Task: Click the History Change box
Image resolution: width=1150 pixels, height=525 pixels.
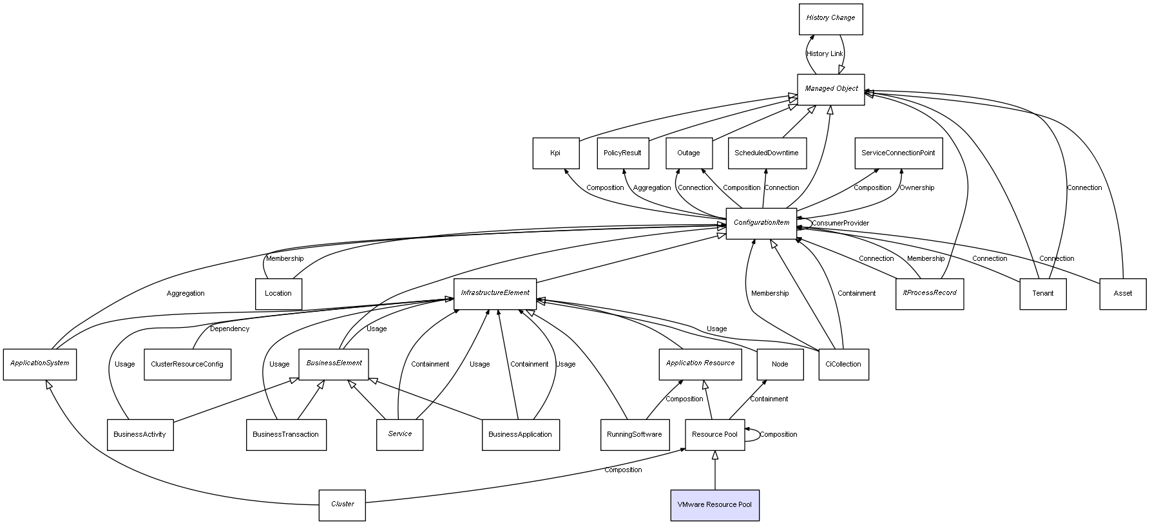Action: tap(830, 19)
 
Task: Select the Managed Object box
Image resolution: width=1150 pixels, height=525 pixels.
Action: tap(831, 89)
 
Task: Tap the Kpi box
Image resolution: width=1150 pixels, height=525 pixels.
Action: tap(555, 153)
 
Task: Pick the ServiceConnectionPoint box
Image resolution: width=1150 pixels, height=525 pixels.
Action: tap(898, 153)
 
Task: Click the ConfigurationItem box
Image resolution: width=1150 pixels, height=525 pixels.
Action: tap(761, 224)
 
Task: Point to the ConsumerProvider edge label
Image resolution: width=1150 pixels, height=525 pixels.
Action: tap(840, 224)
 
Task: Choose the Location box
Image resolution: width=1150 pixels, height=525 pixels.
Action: tap(278, 294)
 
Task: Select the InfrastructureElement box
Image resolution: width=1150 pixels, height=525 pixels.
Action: tap(495, 294)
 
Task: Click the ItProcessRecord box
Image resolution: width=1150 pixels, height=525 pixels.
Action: tap(929, 294)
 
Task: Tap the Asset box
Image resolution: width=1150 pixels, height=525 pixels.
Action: tap(1122, 294)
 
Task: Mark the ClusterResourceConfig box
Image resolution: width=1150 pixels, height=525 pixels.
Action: tap(187, 365)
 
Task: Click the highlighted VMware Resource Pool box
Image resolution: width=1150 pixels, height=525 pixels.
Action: tap(714, 505)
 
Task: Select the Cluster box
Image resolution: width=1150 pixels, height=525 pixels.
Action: tap(342, 505)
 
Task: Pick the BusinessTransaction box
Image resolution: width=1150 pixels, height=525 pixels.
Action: tap(285, 435)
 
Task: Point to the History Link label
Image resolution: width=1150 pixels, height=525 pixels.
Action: tap(824, 54)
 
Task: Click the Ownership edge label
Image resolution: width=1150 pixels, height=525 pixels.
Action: tap(917, 188)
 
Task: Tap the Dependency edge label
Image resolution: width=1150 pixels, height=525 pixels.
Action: tap(229, 329)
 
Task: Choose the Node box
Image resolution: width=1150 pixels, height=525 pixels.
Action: tap(780, 365)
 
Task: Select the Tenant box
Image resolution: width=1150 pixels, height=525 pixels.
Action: tap(1042, 294)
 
